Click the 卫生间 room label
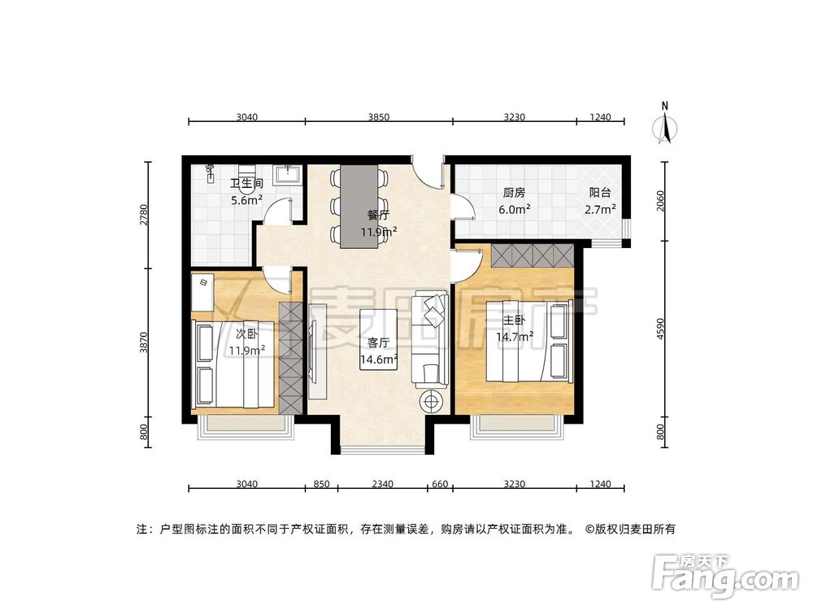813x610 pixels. point(245,183)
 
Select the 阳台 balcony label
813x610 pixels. point(600,193)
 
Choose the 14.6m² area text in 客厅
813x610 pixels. point(379,359)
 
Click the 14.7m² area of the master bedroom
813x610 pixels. point(515,335)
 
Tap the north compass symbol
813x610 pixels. point(666,125)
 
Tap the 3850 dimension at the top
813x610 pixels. point(379,117)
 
